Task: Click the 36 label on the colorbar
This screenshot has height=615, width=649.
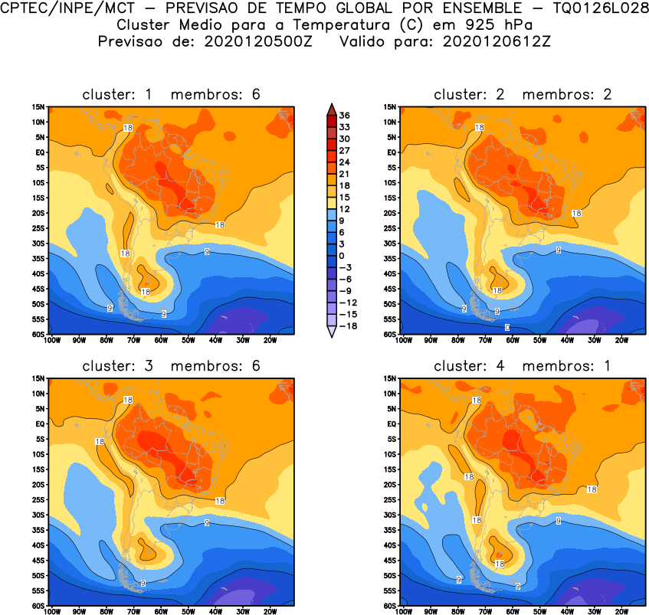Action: (345, 116)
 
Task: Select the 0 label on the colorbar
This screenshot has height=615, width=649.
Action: (342, 256)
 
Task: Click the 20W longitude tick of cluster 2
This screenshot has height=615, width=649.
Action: (621, 341)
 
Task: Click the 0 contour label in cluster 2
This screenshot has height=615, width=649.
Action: (507, 328)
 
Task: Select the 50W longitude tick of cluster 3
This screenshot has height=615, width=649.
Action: (188, 612)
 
